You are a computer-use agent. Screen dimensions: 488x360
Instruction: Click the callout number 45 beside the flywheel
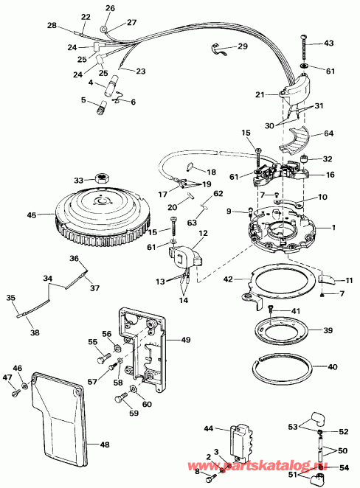pyautogui.click(x=30, y=215)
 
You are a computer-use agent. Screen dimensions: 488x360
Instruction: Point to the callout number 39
pyautogui.click(x=328, y=330)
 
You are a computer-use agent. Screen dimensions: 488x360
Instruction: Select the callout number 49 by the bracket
pyautogui.click(x=185, y=339)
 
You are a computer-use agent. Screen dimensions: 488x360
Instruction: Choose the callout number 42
pyautogui.click(x=229, y=279)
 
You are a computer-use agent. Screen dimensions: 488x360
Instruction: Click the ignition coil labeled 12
pyautogui.click(x=184, y=257)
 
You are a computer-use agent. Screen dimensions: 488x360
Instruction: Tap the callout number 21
pyautogui.click(x=259, y=95)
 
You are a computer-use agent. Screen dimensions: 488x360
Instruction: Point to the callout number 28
pyautogui.click(x=52, y=26)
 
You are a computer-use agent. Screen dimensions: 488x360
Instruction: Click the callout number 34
pyautogui.click(x=48, y=279)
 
